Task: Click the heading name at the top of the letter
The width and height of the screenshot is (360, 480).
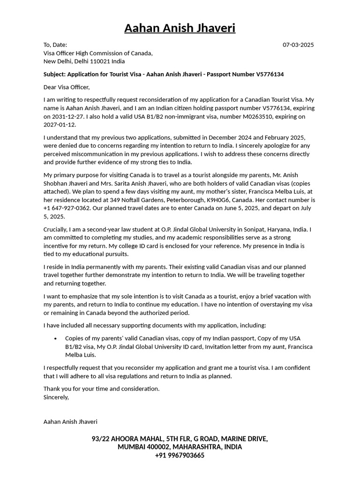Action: (x=180, y=29)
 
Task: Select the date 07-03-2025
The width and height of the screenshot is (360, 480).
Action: (x=298, y=45)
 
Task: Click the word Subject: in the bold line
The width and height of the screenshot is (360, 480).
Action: (x=54, y=74)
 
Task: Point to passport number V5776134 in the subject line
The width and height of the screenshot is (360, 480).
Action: (x=270, y=74)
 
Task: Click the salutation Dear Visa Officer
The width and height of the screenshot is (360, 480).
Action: (x=66, y=87)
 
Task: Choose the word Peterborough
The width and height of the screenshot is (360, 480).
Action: (x=187, y=200)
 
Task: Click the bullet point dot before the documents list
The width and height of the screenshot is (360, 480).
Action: (x=56, y=338)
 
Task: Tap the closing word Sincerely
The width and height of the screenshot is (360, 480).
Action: (x=56, y=397)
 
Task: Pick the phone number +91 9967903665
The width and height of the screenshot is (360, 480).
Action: (x=180, y=456)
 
